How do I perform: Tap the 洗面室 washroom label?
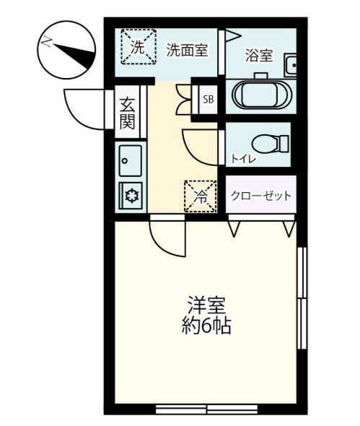188,50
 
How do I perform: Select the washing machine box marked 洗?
139,47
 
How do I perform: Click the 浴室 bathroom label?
259,55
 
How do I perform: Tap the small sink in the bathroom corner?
290,65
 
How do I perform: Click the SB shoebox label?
208,100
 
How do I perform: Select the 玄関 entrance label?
127,113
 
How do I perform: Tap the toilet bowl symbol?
270,144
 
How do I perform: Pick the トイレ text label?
243,159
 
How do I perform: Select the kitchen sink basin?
130,160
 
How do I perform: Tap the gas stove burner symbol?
132,196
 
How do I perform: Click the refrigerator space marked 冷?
201,196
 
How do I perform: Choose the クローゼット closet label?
261,196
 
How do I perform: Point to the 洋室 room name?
206,305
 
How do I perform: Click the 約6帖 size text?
206,325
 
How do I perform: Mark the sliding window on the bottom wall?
206,409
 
